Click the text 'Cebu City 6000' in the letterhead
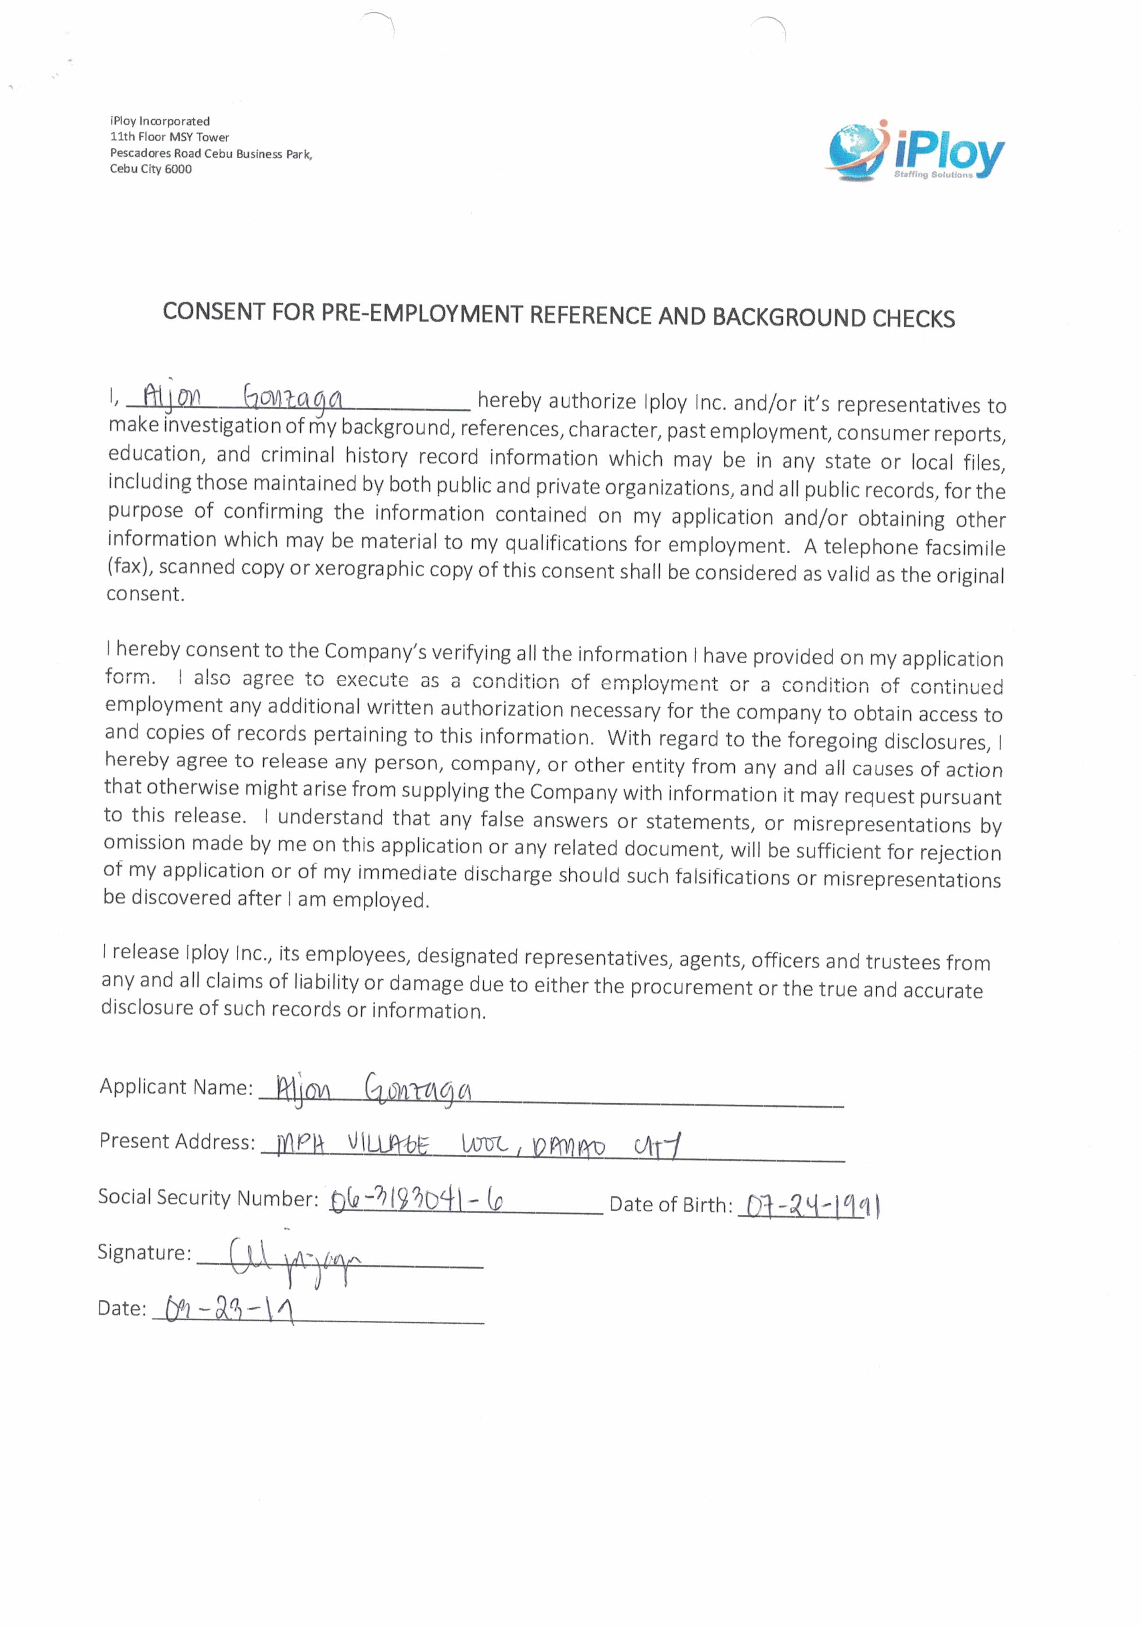(150, 169)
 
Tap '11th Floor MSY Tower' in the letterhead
(170, 137)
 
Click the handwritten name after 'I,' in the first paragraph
(243, 398)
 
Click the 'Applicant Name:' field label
(176, 1087)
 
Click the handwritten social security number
(417, 1199)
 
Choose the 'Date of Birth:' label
(670, 1204)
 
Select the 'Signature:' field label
(144, 1253)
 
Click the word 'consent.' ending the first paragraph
(145, 594)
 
